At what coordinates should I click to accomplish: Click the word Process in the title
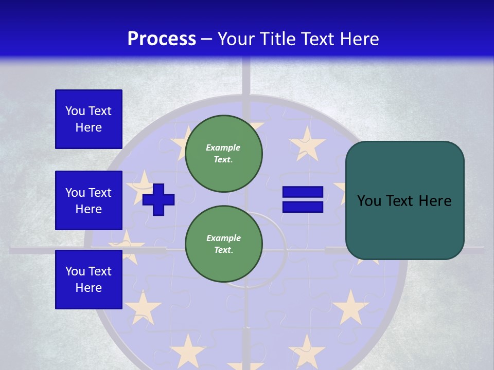pos(162,39)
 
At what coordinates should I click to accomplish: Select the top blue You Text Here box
pos(89,119)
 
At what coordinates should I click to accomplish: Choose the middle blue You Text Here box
pos(89,200)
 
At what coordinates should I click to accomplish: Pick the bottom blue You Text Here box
pos(89,280)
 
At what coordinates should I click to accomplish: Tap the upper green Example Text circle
pos(223,154)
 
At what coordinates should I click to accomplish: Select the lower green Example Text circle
pos(223,244)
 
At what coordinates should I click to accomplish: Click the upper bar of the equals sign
pos(303,192)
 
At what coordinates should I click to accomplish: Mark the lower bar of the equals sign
pos(303,207)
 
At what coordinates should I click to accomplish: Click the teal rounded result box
pos(404,200)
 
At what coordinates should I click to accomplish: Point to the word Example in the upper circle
pos(223,147)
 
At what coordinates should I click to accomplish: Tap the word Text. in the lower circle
pos(223,250)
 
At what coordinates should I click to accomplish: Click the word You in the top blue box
pos(75,111)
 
